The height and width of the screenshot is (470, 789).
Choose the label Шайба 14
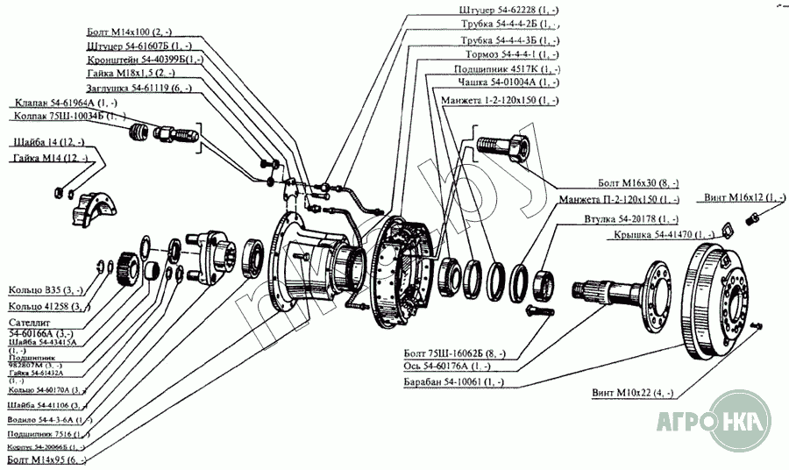click(48, 142)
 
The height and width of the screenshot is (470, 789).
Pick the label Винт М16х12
click(744, 198)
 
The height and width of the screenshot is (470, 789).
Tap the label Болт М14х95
click(46, 458)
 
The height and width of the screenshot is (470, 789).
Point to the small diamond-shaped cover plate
click(724, 230)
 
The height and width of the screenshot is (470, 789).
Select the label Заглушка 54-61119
click(139, 88)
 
